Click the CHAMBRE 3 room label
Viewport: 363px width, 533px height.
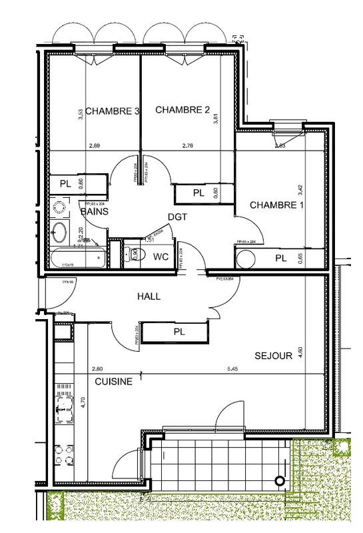click(112, 111)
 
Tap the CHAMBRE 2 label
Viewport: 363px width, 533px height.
click(182, 111)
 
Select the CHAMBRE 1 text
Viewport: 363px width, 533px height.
click(276, 206)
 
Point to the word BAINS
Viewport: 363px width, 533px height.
click(95, 211)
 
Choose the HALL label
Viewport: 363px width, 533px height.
click(149, 296)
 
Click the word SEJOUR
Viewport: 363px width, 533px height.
click(273, 356)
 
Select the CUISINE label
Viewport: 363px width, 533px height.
click(113, 382)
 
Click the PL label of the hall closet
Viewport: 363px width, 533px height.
click(179, 331)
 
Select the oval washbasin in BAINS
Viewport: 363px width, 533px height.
click(59, 233)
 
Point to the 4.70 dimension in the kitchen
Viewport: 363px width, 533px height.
click(82, 406)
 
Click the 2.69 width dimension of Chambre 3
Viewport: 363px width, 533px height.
click(96, 145)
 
